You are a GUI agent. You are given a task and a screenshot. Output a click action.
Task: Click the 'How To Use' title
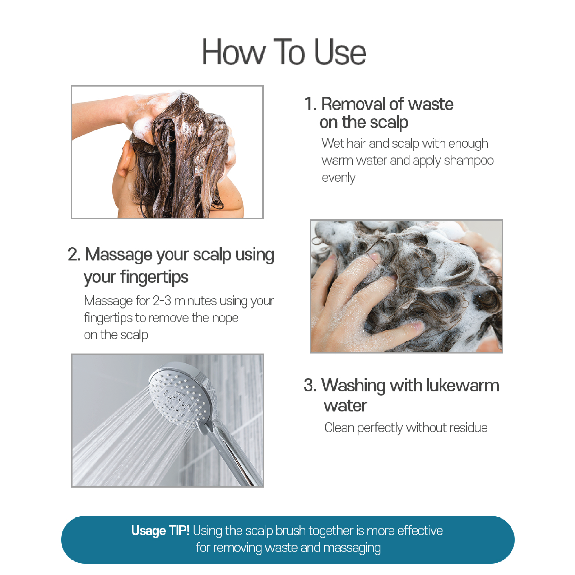tap(284, 52)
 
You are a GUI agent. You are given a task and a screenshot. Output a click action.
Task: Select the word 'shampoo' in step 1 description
tap(469, 161)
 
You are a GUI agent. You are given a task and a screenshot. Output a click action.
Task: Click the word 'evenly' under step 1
tap(338, 178)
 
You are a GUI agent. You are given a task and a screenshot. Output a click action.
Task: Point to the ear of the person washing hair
tap(125, 159)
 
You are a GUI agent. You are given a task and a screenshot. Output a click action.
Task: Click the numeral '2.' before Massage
tap(74, 254)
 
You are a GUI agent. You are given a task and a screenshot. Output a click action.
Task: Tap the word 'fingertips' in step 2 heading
tap(154, 277)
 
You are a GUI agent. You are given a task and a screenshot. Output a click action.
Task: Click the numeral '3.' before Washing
tap(310, 385)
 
